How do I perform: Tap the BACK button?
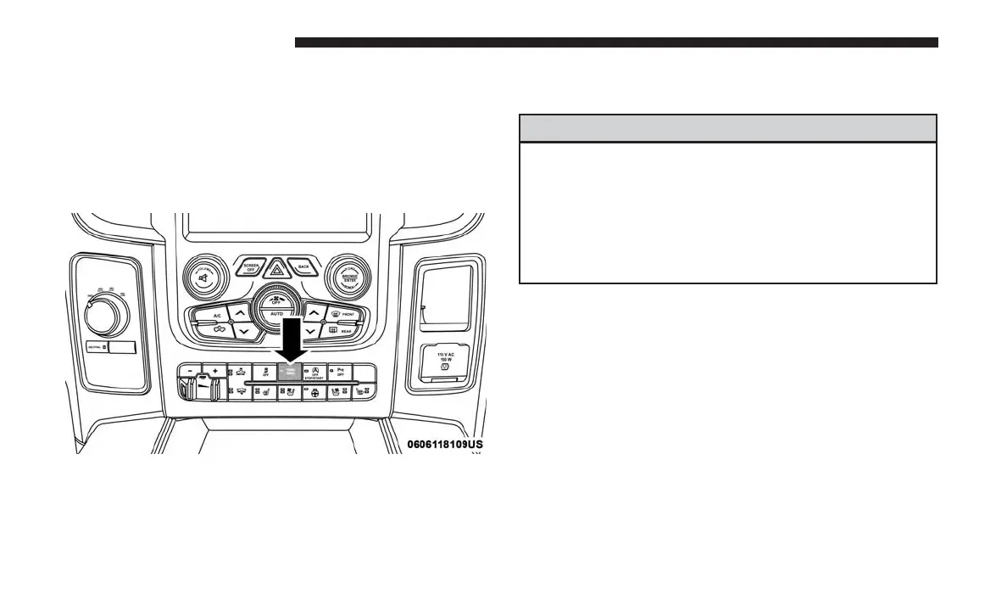304,266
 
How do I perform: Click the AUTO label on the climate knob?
276,314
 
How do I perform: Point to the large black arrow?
291,334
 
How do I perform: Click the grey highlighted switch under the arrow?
289,374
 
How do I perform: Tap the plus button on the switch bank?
216,372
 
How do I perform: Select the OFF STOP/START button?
314,374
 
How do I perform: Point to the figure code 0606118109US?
445,444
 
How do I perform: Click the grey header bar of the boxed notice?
727,128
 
